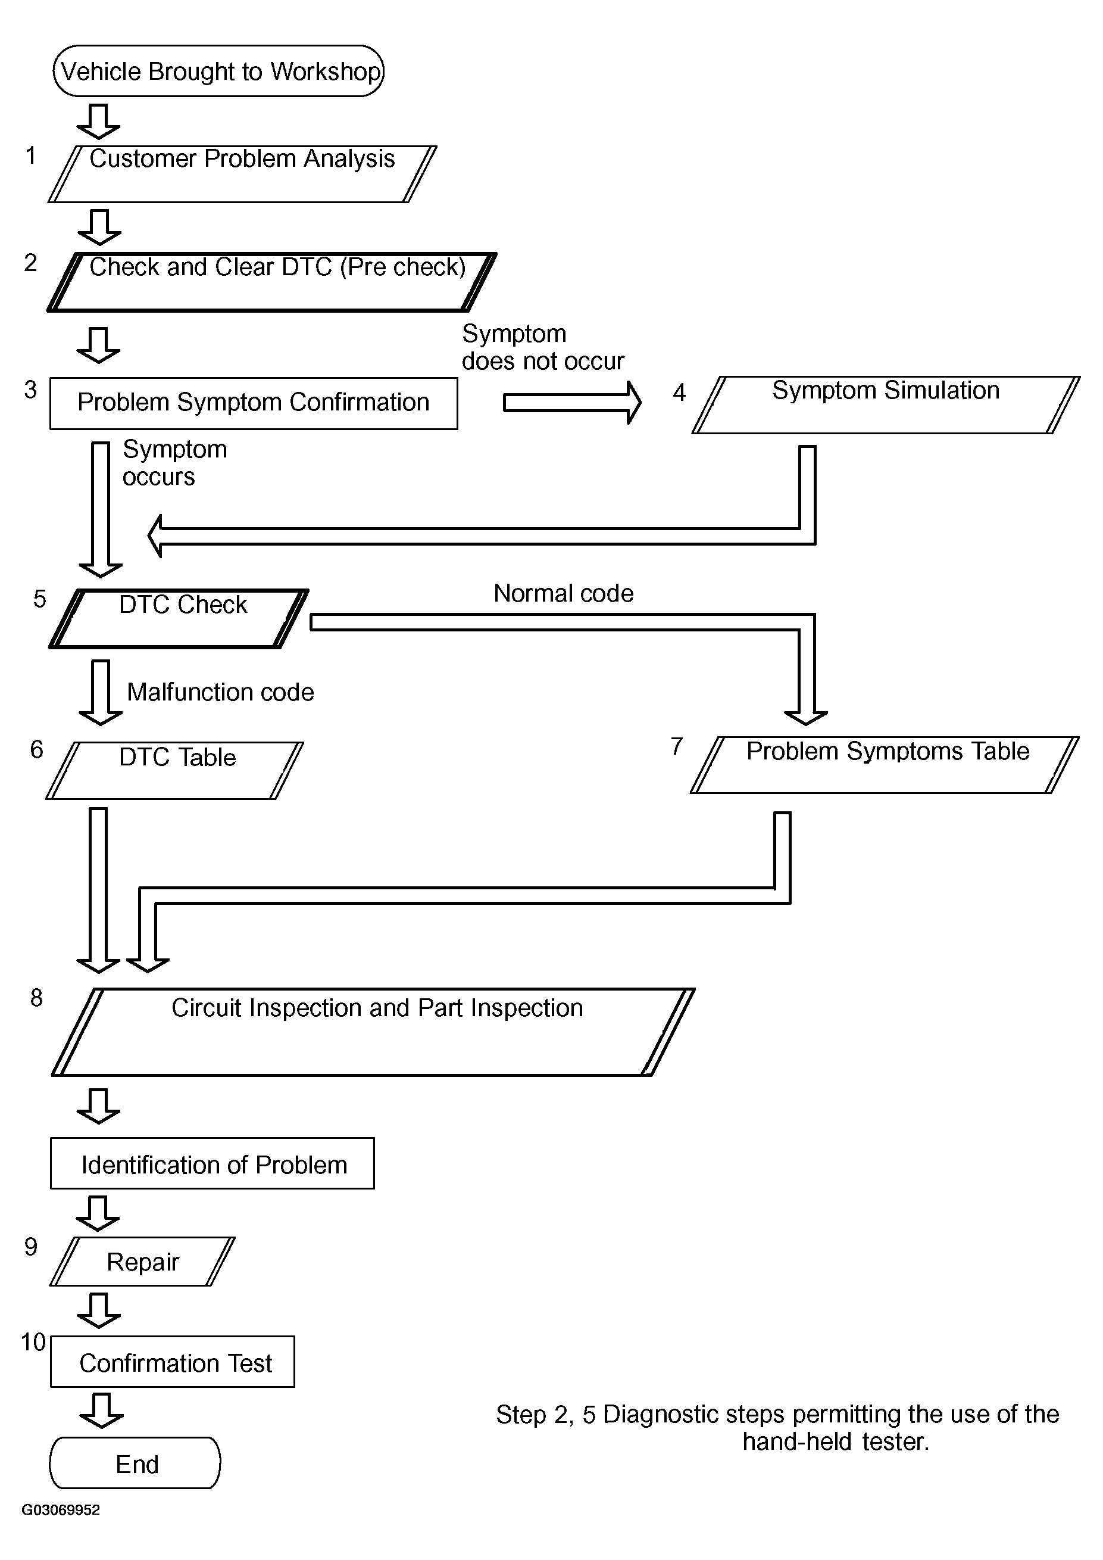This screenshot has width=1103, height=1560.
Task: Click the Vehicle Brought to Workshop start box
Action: point(218,71)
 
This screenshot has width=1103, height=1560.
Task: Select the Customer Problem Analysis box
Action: point(242,174)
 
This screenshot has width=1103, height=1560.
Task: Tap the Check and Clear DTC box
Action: point(271,282)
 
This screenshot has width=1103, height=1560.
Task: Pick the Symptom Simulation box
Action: point(886,405)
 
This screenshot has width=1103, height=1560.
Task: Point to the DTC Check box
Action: point(179,618)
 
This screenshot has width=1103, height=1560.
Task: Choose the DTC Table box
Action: point(174,771)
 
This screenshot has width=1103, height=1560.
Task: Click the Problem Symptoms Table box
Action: point(885,765)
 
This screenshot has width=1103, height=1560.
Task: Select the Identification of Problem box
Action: point(212,1163)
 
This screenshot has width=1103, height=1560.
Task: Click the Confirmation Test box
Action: point(173,1362)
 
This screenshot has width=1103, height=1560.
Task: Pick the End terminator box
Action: point(135,1463)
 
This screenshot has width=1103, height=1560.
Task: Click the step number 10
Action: point(33,1342)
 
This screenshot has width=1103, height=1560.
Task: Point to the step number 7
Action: point(676,746)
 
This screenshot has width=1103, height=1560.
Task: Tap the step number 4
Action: point(679,392)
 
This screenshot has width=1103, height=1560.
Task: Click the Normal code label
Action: point(563,593)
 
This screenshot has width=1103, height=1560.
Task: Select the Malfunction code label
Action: point(220,692)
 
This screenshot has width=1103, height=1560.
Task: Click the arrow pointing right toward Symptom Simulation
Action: point(572,403)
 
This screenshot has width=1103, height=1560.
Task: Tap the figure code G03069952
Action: point(61,1510)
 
